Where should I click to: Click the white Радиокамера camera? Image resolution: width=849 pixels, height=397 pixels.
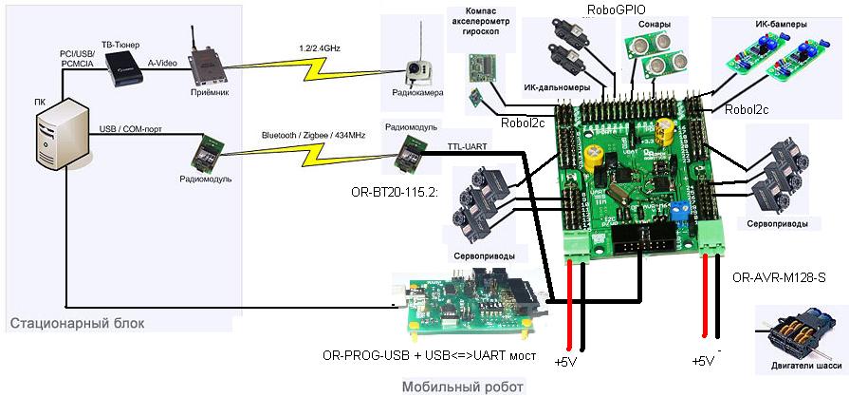coord(415,73)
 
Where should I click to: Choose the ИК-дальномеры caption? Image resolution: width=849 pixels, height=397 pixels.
coord(557,87)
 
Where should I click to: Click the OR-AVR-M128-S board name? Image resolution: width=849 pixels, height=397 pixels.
coord(780,278)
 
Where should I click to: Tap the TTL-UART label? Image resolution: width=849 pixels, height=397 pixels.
coord(467,147)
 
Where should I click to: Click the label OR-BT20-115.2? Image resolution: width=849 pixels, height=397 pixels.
coord(395,191)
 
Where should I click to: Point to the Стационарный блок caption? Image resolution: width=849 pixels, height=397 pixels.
coord(78,324)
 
